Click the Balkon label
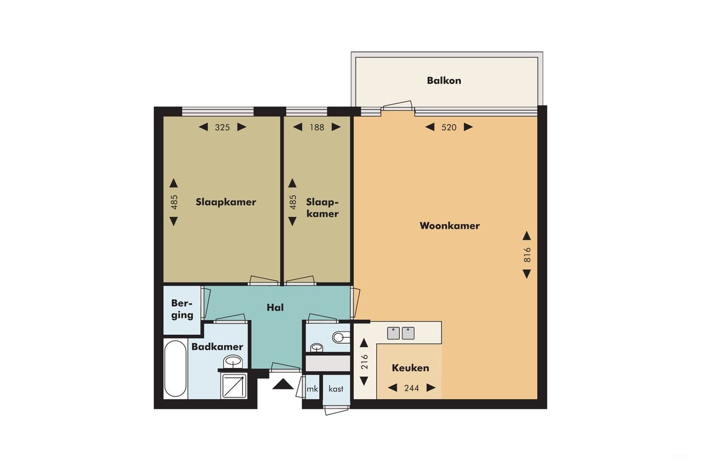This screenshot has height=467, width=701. click(444, 80)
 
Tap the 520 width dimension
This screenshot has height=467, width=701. click(449, 127)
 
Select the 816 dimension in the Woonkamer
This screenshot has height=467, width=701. click(527, 255)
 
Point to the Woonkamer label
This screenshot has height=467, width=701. click(450, 226)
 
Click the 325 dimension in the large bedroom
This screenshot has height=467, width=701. click(222, 127)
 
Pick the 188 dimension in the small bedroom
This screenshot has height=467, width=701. click(317, 127)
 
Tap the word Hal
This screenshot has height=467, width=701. click(275, 308)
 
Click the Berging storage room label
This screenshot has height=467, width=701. click(182, 309)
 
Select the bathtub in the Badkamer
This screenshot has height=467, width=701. click(175, 368)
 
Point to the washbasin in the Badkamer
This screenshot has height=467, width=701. click(233, 362)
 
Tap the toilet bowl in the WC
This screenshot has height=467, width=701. click(340, 336)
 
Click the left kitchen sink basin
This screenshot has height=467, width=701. click(394, 333)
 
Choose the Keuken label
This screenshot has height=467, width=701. click(410, 368)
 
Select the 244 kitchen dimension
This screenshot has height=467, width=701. click(411, 388)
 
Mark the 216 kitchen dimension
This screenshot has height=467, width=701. click(364, 362)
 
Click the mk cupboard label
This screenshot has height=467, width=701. click(312, 389)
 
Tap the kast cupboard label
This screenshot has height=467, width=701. click(336, 389)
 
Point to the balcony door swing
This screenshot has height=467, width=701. click(398, 106)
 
